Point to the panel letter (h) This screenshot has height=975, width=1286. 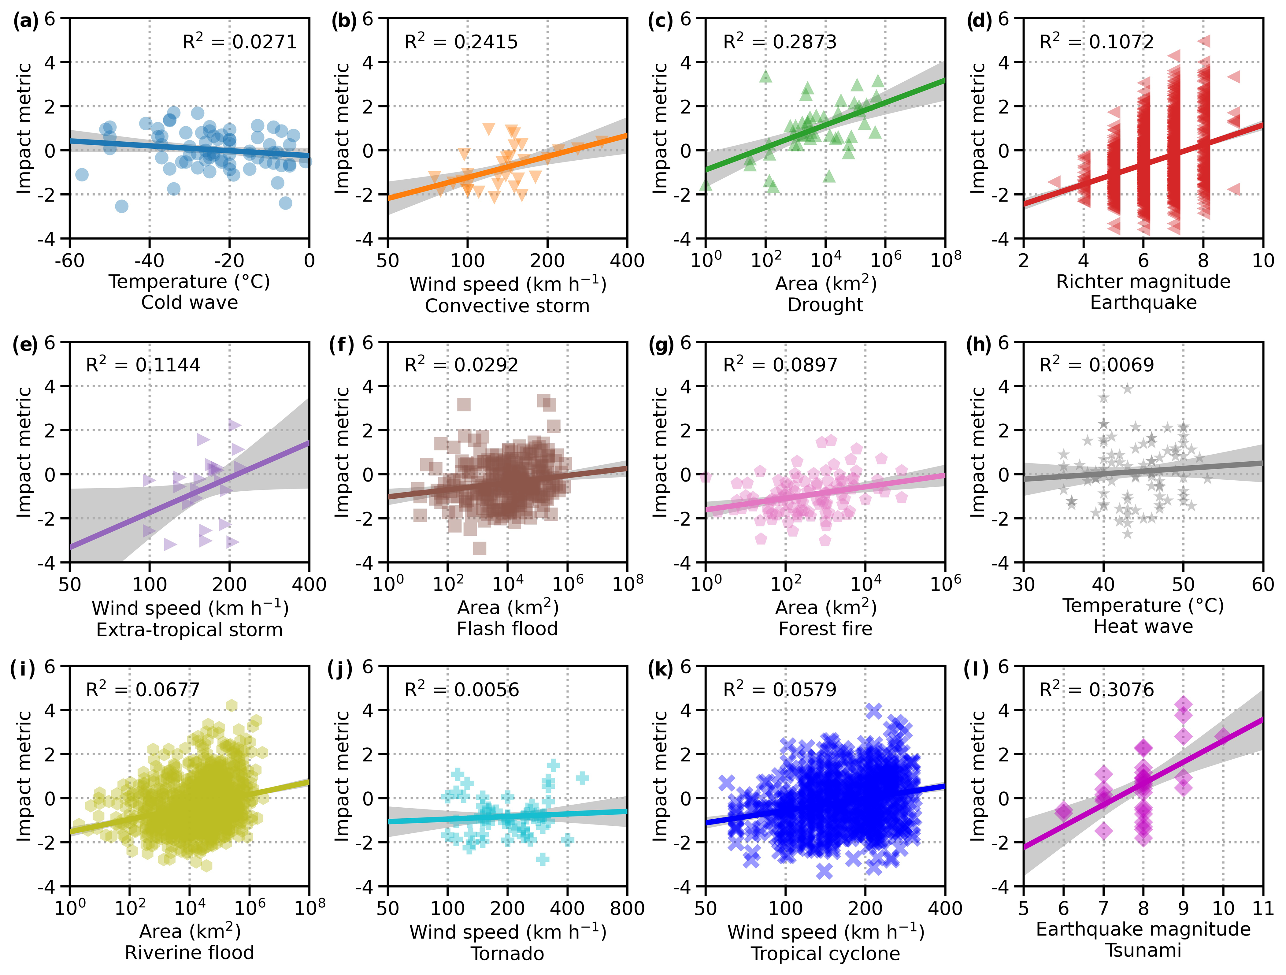(978, 345)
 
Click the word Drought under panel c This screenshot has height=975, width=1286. (825, 304)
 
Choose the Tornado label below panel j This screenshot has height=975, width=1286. (507, 954)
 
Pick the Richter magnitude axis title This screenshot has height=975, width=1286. (1143, 281)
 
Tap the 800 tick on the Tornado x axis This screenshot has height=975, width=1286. (627, 908)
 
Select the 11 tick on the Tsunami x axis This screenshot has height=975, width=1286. (1263, 908)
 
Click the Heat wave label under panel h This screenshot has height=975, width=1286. (1143, 627)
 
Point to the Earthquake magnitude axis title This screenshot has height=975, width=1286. (1143, 929)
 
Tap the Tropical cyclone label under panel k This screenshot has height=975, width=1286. (825, 954)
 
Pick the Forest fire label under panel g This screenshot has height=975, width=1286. (825, 628)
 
